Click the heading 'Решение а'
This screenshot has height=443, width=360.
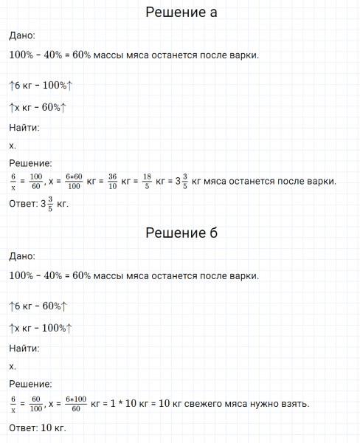click(181, 13)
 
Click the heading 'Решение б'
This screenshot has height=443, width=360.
click(181, 234)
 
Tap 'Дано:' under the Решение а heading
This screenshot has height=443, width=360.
click(21, 35)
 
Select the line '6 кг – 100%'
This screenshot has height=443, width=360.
click(41, 86)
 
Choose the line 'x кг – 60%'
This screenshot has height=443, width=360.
click(38, 108)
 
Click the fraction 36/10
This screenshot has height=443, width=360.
click(112, 181)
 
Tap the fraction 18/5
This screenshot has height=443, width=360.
click(146, 181)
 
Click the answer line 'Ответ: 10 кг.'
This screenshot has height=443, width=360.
click(38, 427)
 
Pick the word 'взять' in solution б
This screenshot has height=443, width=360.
click(295, 403)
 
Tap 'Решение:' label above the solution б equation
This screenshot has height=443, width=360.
click(30, 384)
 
